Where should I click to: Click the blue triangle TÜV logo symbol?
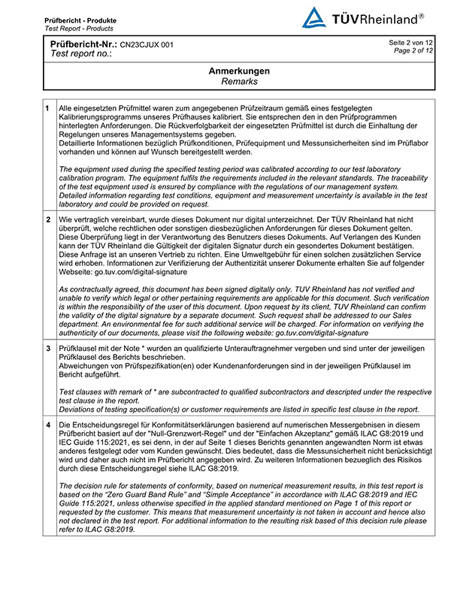314,18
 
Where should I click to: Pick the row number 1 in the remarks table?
49,109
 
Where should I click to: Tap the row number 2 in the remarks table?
49,219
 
